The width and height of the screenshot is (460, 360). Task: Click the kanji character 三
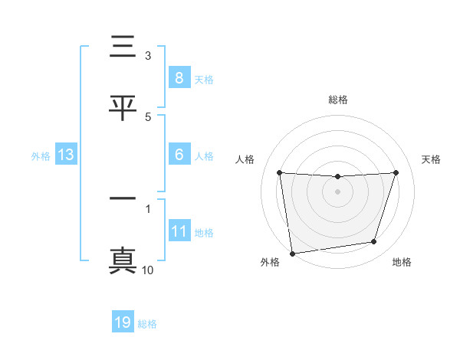pos(123,47)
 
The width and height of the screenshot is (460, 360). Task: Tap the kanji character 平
pos(123,107)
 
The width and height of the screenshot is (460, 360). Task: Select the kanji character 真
pos(123,260)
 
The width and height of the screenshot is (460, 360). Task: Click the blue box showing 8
pos(179,78)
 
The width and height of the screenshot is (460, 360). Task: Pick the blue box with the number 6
pos(179,155)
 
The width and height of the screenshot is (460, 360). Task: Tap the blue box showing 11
pos(179,231)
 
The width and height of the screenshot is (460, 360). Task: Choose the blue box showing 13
pos(66,155)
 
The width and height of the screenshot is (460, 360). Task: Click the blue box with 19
pos(123,322)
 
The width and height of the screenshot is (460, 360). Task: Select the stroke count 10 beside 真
pos(147,270)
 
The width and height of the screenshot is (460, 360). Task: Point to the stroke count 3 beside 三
pos(148,56)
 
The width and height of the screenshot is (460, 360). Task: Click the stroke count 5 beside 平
pos(148,116)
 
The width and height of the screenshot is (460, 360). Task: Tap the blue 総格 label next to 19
pos(147,324)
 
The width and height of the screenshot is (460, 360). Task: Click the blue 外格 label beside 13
pos(41,156)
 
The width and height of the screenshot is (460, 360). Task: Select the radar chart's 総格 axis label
pos(338,100)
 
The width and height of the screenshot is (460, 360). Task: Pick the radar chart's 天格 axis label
pos(432,159)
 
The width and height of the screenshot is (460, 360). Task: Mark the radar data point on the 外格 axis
pos(291,253)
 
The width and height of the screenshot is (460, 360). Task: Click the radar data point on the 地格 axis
pos(374,242)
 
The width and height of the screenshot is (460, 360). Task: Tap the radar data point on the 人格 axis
pos(280,172)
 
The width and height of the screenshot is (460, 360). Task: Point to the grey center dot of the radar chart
pos(338,191)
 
